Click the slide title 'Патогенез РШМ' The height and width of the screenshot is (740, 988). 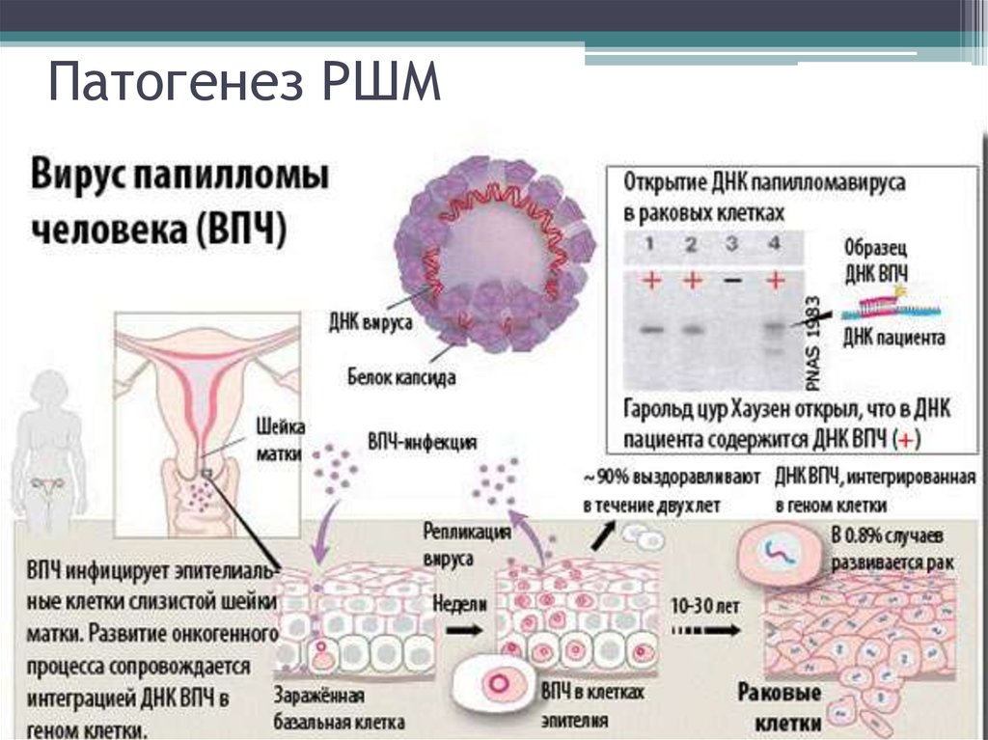click(x=244, y=82)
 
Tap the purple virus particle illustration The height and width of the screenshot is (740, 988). click(x=495, y=254)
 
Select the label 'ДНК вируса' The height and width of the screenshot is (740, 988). click(x=370, y=322)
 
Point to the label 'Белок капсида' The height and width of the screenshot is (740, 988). click(x=401, y=377)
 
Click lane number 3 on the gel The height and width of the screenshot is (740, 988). click(x=731, y=243)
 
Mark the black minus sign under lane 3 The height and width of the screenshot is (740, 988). click(x=731, y=280)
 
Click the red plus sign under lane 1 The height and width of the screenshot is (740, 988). click(x=651, y=279)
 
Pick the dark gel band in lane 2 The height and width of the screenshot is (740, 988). click(x=692, y=329)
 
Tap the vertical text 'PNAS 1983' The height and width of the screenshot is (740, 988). click(x=813, y=343)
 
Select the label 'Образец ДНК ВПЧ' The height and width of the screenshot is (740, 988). click(x=876, y=260)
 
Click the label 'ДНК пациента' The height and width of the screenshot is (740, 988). click(x=894, y=338)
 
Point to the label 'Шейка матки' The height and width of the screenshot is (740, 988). click(x=279, y=439)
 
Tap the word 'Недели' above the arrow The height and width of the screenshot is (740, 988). click(x=459, y=604)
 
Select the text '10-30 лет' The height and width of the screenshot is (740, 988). click(x=704, y=606)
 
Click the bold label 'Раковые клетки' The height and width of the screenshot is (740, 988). click(x=780, y=707)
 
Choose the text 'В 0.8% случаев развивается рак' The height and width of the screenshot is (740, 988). click(x=892, y=548)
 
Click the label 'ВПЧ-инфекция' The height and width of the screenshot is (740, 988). click(x=423, y=442)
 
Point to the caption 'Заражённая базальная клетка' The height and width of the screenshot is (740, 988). click(x=339, y=708)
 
